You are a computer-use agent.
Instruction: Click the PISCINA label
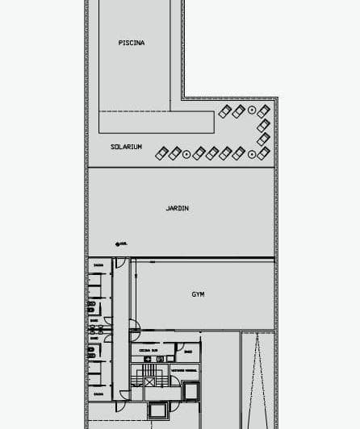coord(132,43)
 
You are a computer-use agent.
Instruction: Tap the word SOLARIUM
coord(127,147)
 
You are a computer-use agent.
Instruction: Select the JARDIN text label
coord(178,208)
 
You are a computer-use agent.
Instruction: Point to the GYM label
coord(198,294)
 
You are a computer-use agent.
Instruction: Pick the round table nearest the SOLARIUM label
coord(186,152)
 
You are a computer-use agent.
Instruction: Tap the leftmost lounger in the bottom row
coord(161,152)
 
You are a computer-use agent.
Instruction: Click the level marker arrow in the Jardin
coord(118,242)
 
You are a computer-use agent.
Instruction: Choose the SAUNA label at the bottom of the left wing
coord(97,394)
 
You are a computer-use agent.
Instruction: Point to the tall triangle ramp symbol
coord(257,379)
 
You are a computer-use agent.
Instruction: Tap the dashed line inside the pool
coord(170,56)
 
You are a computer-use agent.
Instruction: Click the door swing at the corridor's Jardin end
coord(119,264)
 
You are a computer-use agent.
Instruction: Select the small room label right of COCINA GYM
coord(187,351)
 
